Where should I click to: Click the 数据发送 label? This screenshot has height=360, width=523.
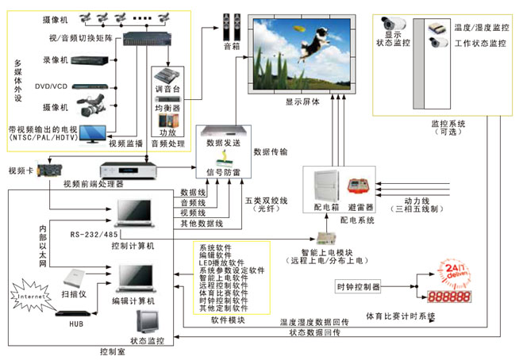[x=223, y=143]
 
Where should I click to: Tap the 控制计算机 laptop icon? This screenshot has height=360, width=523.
[x=132, y=216]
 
